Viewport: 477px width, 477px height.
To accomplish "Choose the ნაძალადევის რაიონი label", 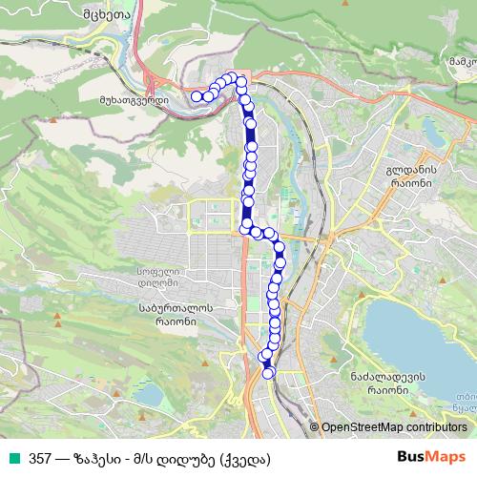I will click(x=387, y=384).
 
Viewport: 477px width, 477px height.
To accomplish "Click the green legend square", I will click(x=12, y=458).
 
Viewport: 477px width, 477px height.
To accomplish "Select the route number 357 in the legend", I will click(x=41, y=458).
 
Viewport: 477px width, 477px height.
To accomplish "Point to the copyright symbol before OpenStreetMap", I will click(x=315, y=428).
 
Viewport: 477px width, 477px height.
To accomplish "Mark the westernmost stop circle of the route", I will click(x=197, y=95).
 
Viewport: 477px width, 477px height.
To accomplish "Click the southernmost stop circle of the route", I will click(x=269, y=372).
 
